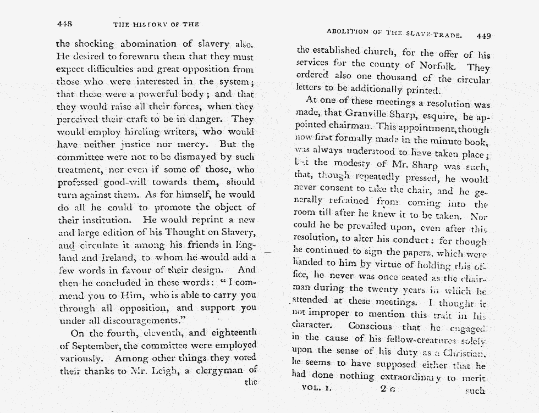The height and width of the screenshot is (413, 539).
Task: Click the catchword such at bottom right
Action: pos(475,391)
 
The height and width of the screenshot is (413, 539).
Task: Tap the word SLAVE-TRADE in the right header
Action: pos(437,33)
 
